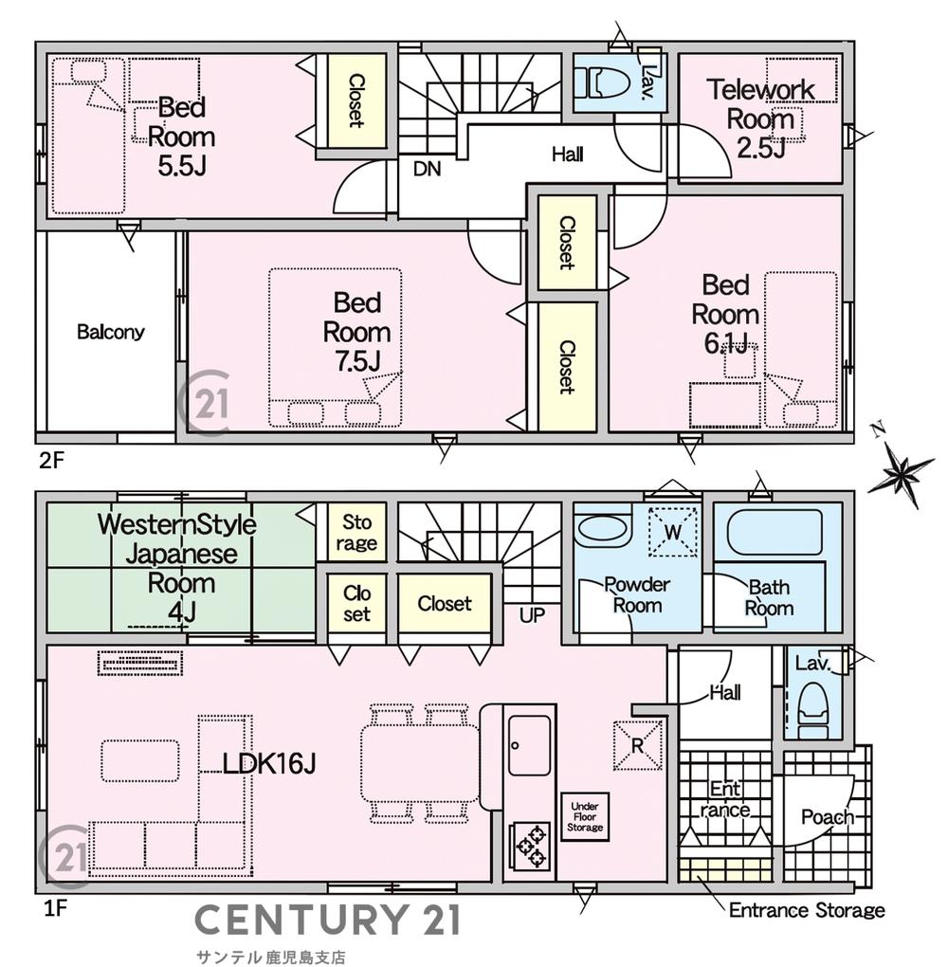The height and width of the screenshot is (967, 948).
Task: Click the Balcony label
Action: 111,333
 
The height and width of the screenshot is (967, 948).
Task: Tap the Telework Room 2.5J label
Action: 761,119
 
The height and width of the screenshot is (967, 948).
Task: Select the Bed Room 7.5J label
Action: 356,332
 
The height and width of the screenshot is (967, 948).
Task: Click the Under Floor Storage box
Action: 584,816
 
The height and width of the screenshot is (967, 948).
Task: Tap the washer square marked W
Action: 672,532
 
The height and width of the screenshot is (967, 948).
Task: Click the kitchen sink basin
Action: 529,744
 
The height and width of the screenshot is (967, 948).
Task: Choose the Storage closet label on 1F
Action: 356,532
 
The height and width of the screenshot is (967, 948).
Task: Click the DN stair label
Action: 426,170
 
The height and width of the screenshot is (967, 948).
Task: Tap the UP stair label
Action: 532,614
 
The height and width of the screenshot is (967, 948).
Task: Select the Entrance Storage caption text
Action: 807,911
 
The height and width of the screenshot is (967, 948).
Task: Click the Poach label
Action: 827,817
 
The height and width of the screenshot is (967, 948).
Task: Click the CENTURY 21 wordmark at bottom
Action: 328,921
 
